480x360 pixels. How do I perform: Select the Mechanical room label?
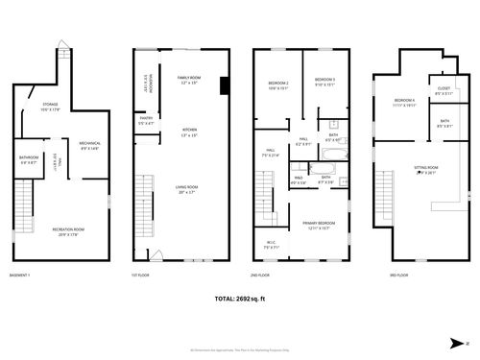click(90, 145)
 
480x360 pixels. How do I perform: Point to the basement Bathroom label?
click(29, 159)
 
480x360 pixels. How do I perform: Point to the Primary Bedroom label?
click(319, 225)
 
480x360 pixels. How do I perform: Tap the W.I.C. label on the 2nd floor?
click(271, 244)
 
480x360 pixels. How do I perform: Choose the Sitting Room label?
click(424, 170)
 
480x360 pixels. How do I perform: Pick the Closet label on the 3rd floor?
click(444, 91)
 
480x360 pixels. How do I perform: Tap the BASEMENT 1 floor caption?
click(20, 276)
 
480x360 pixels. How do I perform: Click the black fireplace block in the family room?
click(223, 85)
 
